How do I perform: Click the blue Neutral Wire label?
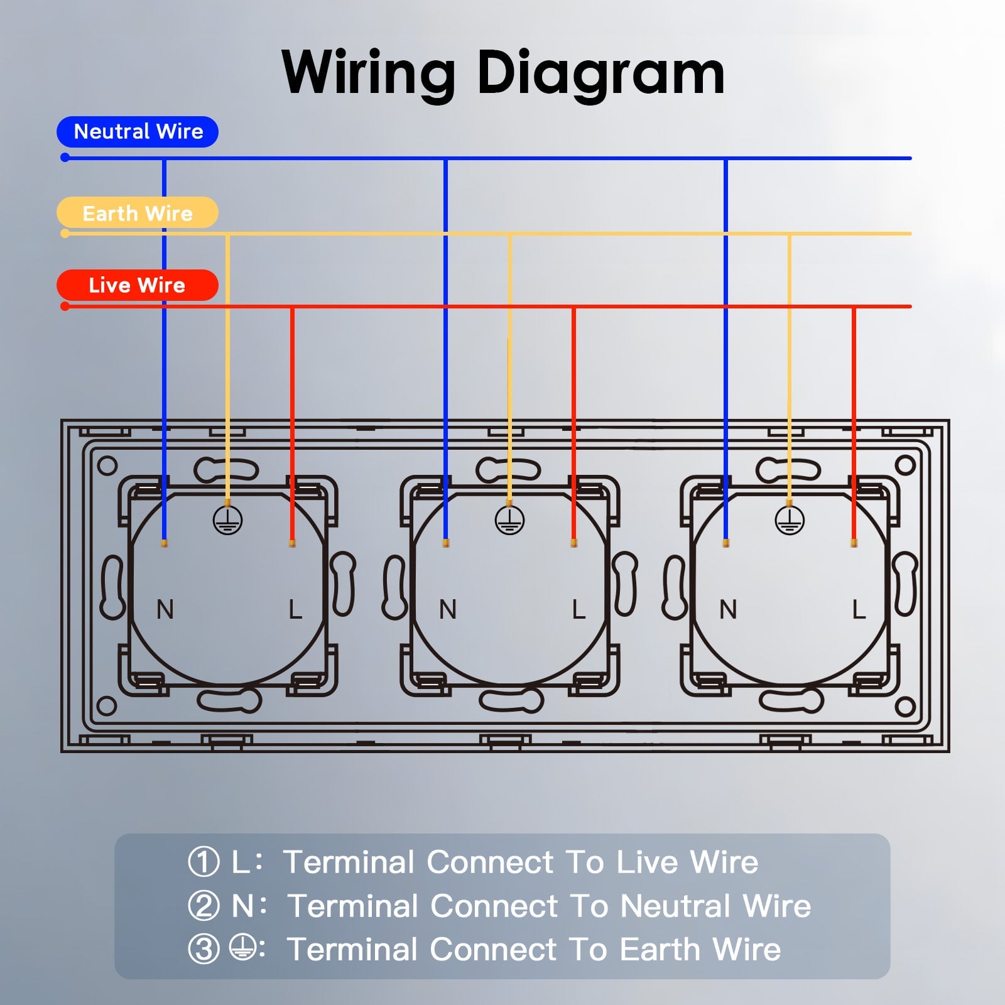pos(138,132)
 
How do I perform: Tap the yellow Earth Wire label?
pos(138,213)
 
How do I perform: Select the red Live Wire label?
pos(138,285)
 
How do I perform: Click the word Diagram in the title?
pos(600,74)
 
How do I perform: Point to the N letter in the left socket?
pos(165,609)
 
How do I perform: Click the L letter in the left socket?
pos(295,609)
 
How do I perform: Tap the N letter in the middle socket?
pos(447,609)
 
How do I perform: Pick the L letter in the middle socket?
pos(578,609)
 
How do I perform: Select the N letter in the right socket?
pos(727,609)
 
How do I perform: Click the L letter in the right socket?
pos(858,609)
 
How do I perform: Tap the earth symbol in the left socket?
pos(227,521)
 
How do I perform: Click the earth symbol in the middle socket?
pos(509,521)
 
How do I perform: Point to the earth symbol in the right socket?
pos(790,521)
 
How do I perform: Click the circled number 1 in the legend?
pos(204,862)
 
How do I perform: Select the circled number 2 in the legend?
pos(204,906)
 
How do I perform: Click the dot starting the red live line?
pos(65,307)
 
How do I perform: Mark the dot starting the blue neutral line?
pos(65,158)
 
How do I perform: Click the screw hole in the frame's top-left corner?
pos(107,466)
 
